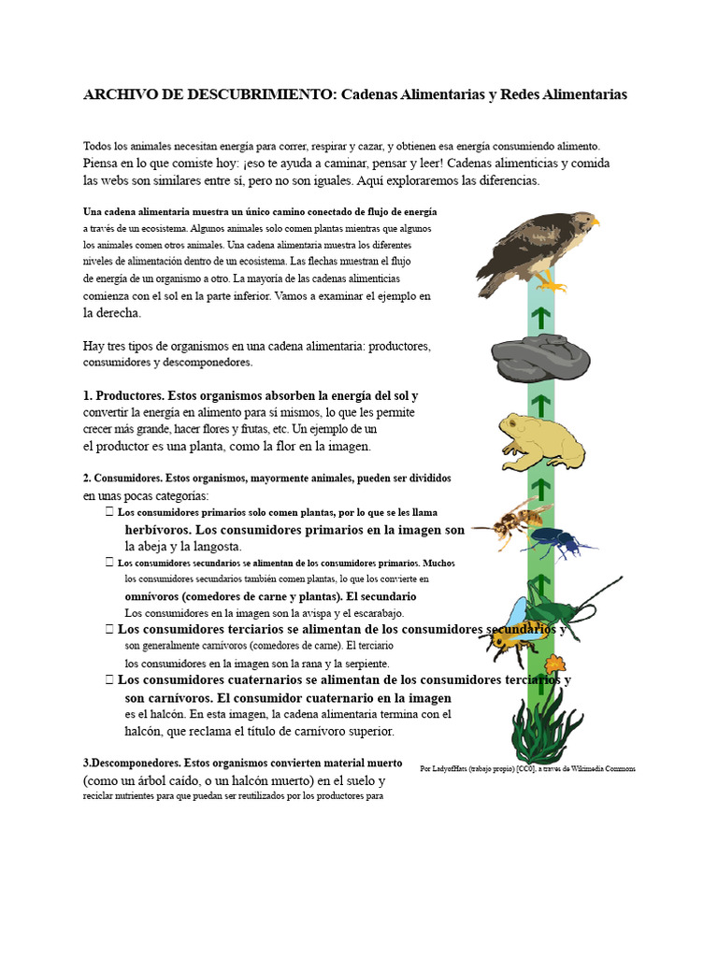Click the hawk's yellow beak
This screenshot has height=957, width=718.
[594, 222]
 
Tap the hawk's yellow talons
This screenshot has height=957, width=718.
[551, 282]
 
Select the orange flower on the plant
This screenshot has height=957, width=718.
[554, 664]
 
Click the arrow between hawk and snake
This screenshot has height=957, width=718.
[539, 318]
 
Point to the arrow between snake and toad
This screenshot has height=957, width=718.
[539, 405]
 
